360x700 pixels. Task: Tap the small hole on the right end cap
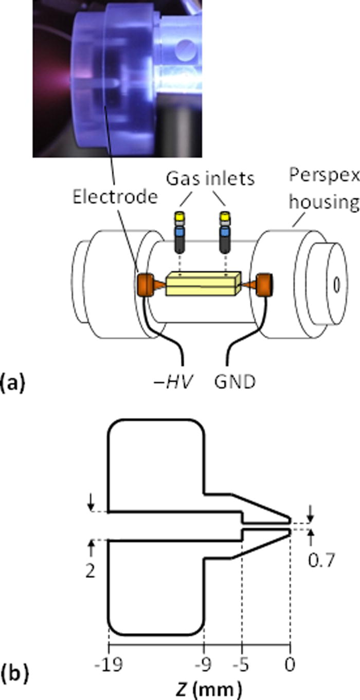pyautogui.click(x=336, y=283)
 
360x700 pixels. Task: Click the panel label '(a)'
pyautogui.click(x=12, y=384)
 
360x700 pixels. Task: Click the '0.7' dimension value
pyautogui.click(x=320, y=559)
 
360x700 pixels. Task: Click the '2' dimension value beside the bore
pyautogui.click(x=91, y=571)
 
